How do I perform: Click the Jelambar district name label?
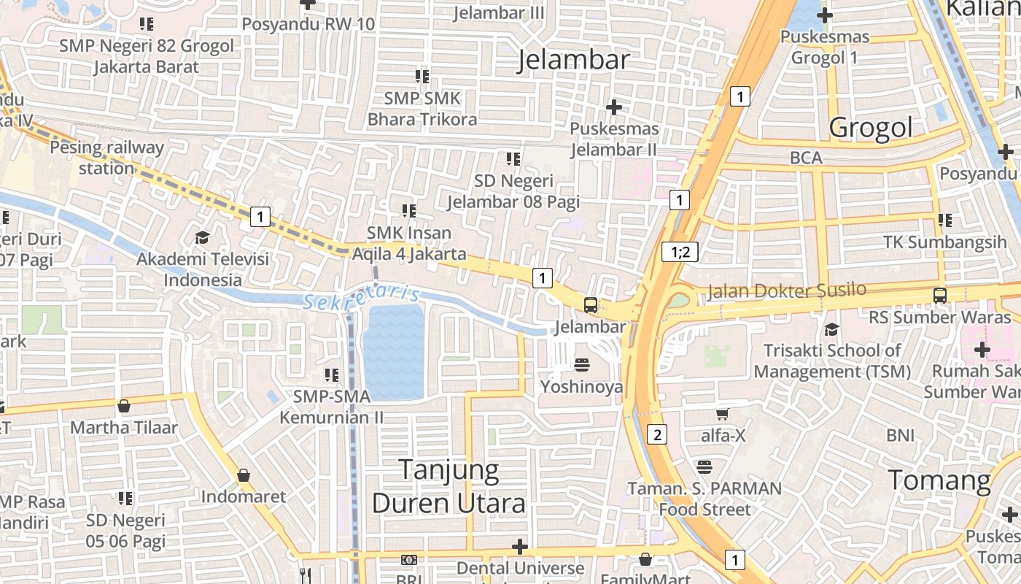pos(573,61)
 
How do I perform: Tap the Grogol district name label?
pos(871,128)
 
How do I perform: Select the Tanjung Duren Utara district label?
pos(449,487)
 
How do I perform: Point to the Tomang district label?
pos(939,481)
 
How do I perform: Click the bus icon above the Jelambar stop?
pos(591,305)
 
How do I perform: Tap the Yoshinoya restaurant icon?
pos(582,364)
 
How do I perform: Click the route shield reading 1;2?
pos(680,253)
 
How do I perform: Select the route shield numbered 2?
pos(657,435)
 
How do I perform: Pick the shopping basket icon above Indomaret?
pos(244,475)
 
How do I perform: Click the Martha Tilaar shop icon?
pos(124,406)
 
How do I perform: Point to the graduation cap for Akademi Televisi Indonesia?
pos(202,237)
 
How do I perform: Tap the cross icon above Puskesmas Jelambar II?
pos(614,107)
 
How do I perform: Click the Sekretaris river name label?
pos(362,297)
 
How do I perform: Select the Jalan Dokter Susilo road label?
pos(786,291)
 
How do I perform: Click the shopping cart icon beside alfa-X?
pos(723,415)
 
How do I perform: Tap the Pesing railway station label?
pos(106,158)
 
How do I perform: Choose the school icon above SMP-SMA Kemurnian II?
pos(332,375)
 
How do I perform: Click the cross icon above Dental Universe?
pos(519,546)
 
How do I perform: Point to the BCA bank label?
pos(806,158)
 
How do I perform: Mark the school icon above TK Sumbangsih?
pos(945,220)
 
